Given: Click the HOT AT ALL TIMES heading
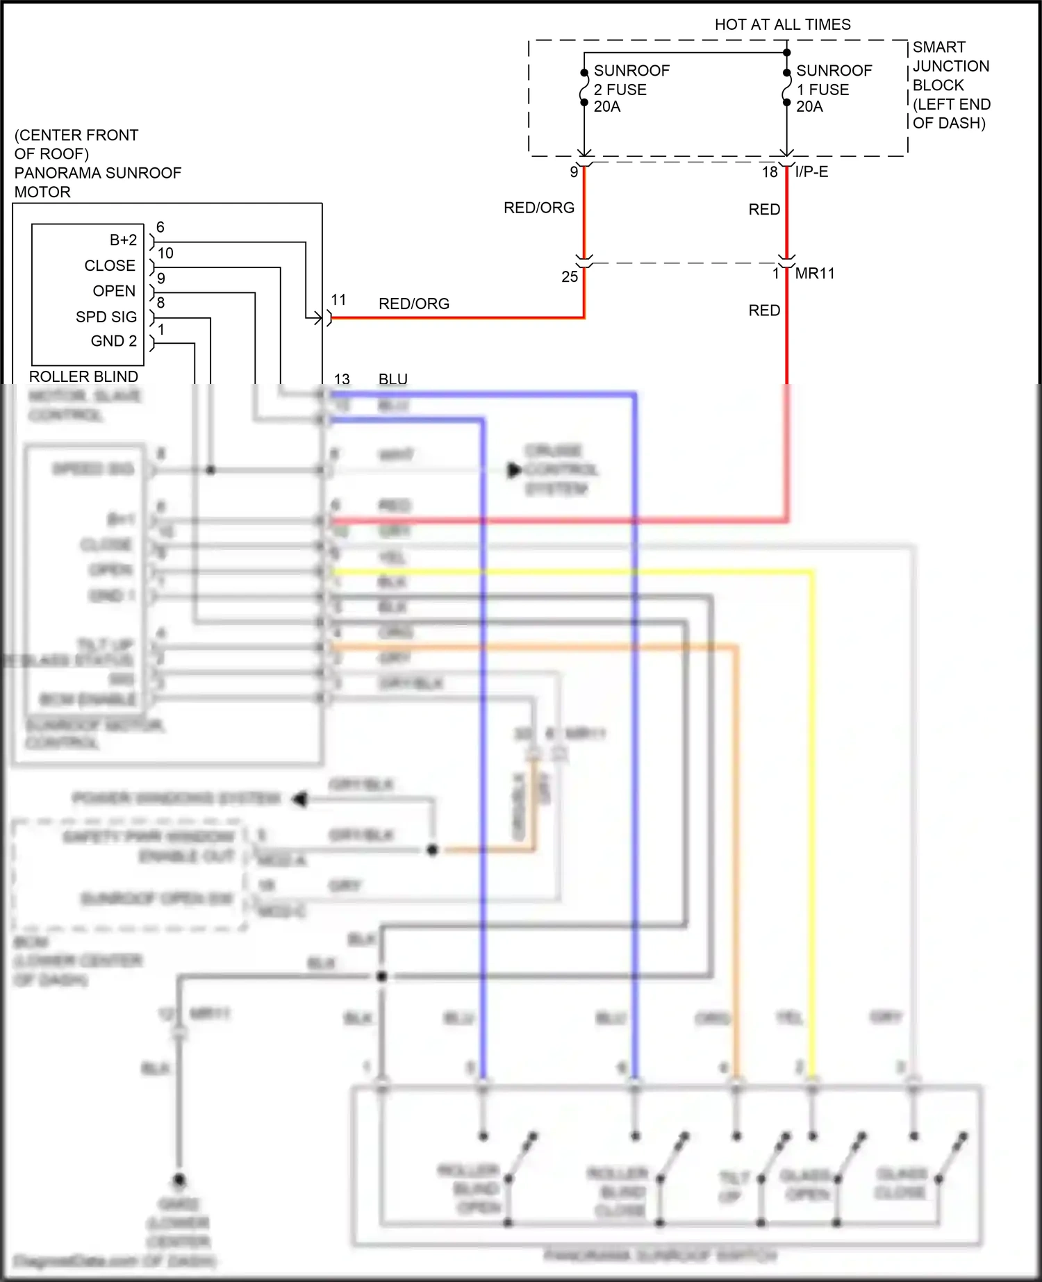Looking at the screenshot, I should (x=782, y=24).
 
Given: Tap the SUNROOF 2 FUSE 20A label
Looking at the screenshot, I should (x=631, y=88).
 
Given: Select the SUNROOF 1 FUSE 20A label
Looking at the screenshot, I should (x=833, y=88).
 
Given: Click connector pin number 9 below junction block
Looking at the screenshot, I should (x=574, y=172).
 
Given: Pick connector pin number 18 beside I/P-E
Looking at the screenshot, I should (x=770, y=172).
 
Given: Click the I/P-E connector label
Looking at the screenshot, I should (x=811, y=172).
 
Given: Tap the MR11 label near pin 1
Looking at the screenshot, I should (x=814, y=274).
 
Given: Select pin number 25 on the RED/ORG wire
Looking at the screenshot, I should (x=570, y=276).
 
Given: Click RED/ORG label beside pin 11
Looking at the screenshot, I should (x=414, y=303).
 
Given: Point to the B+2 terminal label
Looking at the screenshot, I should (x=123, y=240).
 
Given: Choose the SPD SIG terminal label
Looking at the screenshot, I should (x=106, y=317).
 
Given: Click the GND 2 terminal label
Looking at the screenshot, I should (x=114, y=341).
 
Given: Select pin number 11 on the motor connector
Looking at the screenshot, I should (x=338, y=299).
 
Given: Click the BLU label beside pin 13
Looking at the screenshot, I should (x=393, y=379).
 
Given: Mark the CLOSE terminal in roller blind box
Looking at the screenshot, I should (x=110, y=265).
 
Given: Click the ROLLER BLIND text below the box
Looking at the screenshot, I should (x=83, y=376).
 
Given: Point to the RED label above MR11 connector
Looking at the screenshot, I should (x=764, y=209).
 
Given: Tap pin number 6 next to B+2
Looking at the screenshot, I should (x=160, y=227).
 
